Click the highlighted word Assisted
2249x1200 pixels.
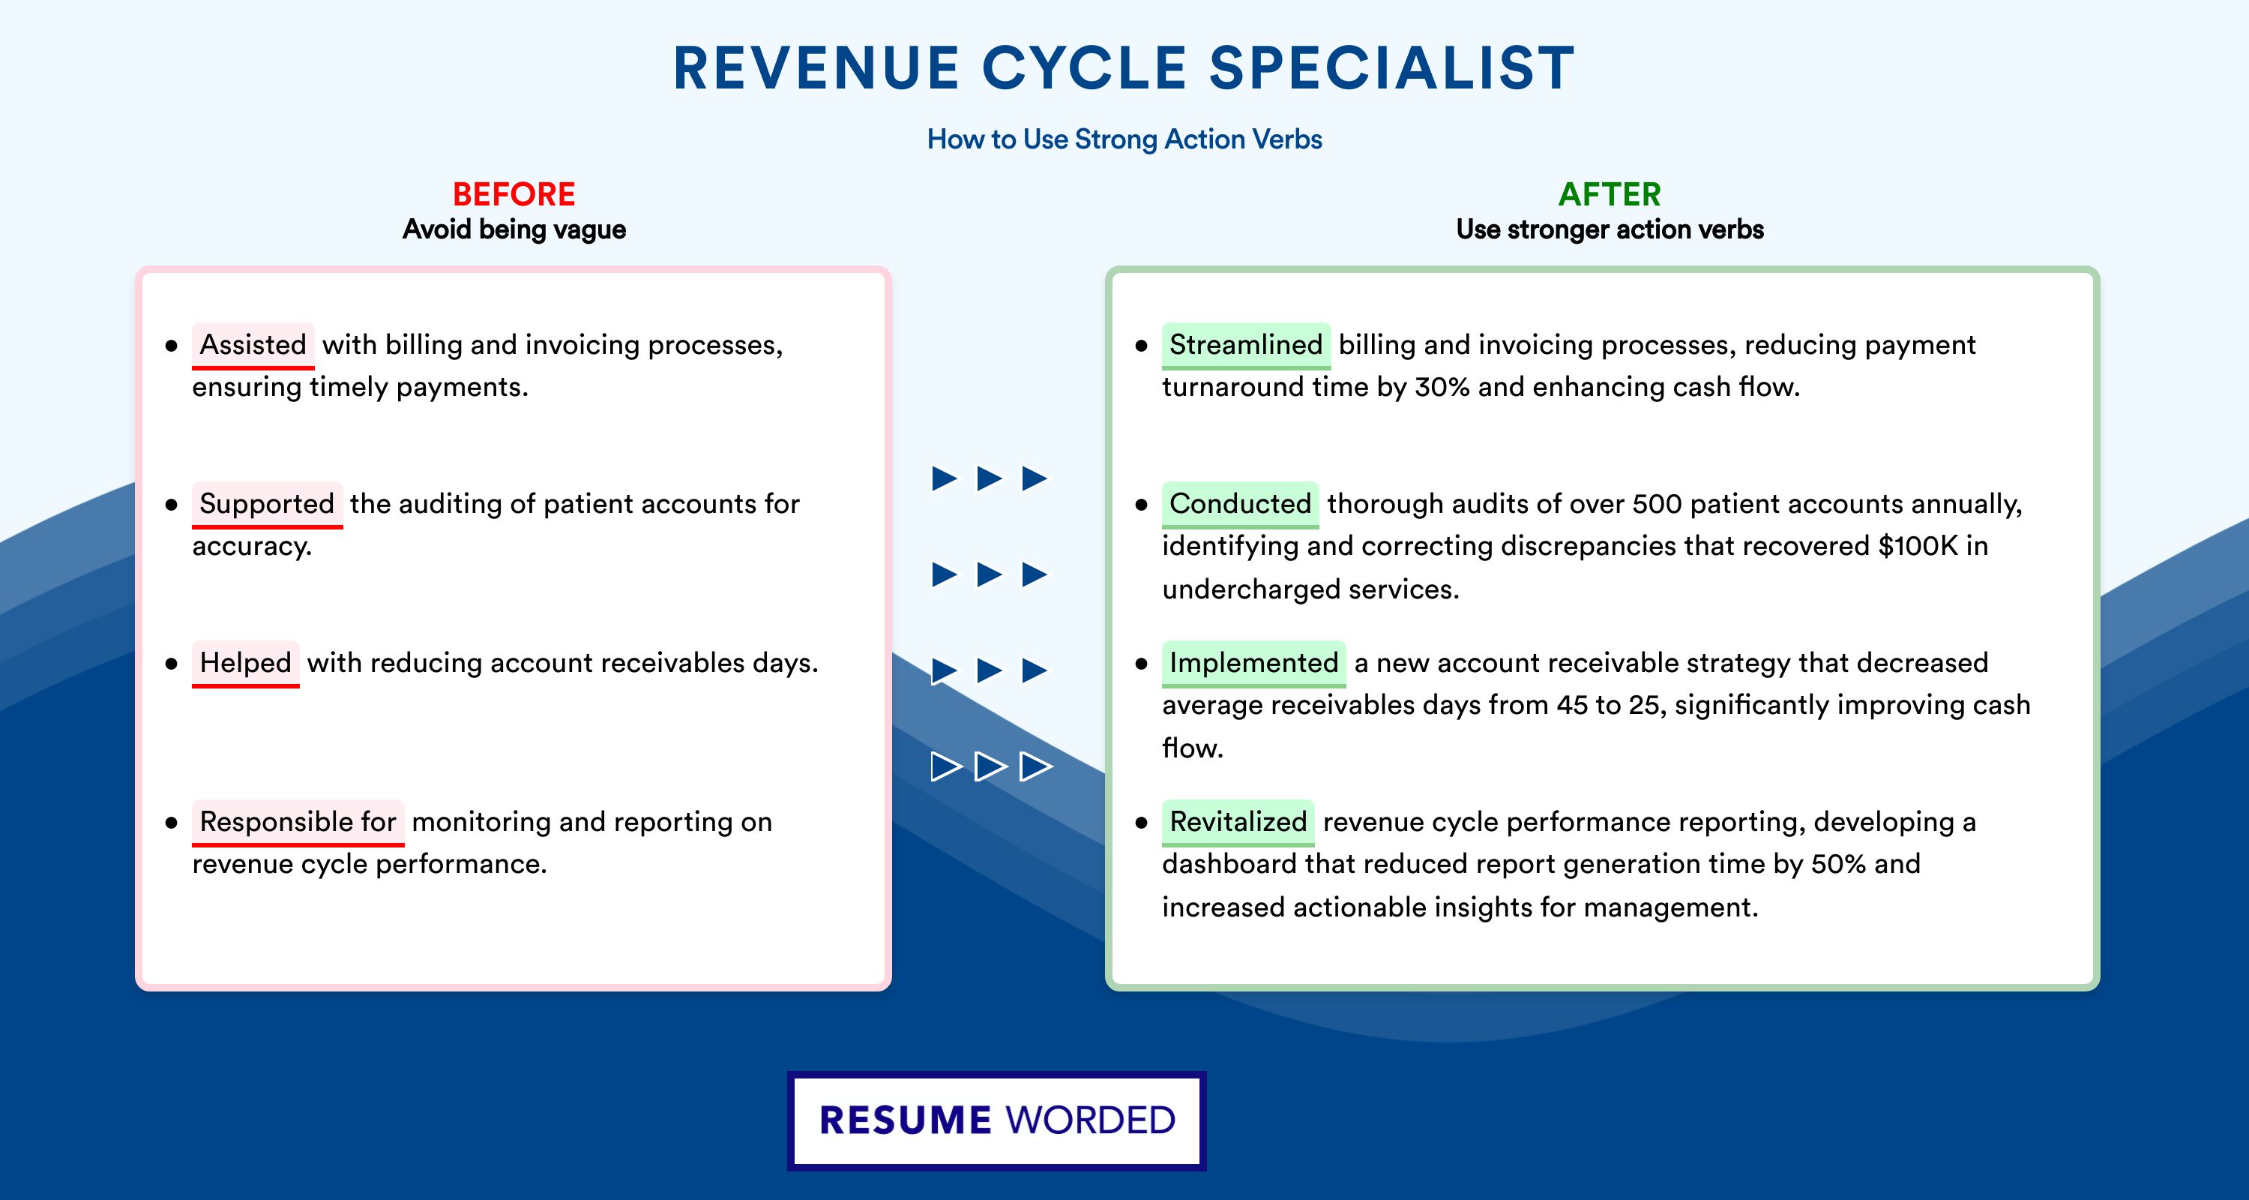[x=253, y=345]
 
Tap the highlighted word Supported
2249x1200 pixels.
[x=267, y=504]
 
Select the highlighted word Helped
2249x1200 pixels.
[x=245, y=663]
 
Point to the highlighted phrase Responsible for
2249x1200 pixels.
[x=298, y=822]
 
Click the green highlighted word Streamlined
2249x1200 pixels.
[x=1246, y=345]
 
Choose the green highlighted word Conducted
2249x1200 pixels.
[x=1240, y=504]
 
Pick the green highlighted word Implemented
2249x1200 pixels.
[x=1253, y=663]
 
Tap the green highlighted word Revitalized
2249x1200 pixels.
[x=1238, y=822]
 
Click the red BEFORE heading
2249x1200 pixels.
[x=514, y=194]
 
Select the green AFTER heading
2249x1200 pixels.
[x=1610, y=194]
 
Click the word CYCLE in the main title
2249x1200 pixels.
[x=1084, y=68]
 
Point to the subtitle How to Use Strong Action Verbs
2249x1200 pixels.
[x=1124, y=139]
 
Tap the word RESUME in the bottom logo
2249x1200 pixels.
[x=905, y=1120]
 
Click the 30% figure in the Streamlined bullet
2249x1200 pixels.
[x=1442, y=387]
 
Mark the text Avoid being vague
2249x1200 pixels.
[x=514, y=229]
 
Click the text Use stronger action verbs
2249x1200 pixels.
[x=1610, y=229]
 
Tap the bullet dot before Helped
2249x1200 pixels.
[x=171, y=664]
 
